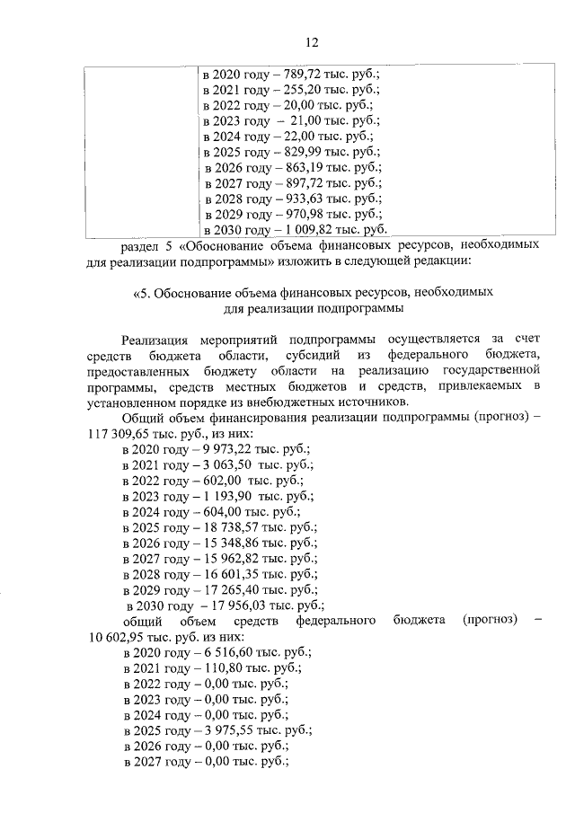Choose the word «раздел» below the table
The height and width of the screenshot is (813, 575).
click(x=142, y=245)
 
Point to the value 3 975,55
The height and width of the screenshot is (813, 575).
click(x=217, y=730)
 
